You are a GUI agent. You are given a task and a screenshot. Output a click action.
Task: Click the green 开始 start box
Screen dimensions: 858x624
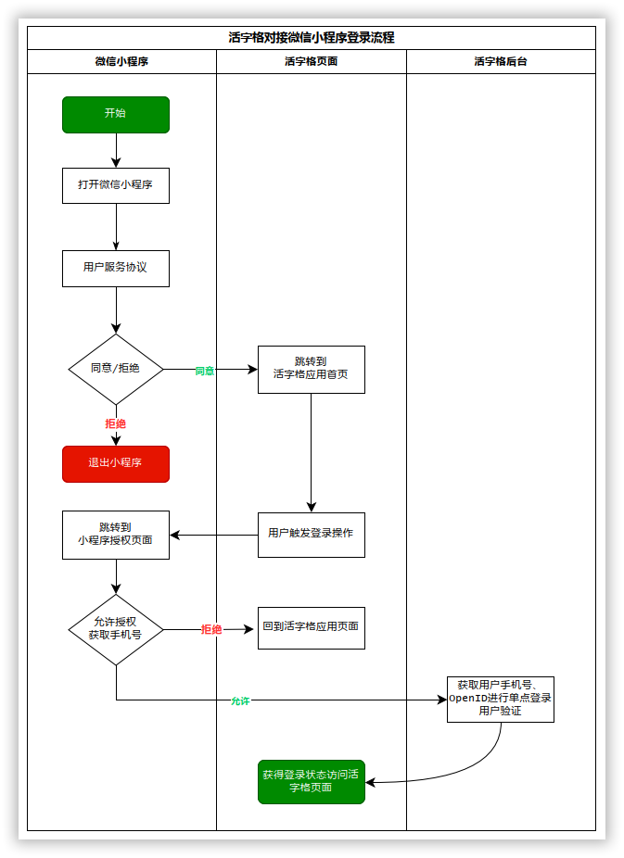pyautogui.click(x=116, y=114)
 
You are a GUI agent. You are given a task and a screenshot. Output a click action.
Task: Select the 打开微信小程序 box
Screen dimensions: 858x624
pyautogui.click(x=116, y=185)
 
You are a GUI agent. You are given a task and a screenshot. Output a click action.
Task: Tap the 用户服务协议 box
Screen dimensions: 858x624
pyautogui.click(x=116, y=268)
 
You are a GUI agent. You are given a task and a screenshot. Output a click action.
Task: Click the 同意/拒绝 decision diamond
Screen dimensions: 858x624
pyautogui.click(x=116, y=369)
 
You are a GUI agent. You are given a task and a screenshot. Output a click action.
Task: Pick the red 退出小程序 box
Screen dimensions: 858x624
pyautogui.click(x=116, y=463)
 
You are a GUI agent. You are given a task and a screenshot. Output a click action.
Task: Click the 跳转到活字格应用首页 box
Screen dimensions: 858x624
pyautogui.click(x=311, y=369)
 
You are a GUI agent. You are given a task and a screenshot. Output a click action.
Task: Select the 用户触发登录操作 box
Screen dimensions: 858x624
pyautogui.click(x=311, y=534)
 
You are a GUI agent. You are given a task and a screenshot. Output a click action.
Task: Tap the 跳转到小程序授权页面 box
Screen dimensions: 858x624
pyautogui.click(x=116, y=534)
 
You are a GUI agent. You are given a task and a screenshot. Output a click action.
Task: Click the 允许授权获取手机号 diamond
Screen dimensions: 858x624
pyautogui.click(x=116, y=629)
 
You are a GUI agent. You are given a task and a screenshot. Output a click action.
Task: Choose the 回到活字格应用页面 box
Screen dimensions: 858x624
pyautogui.click(x=311, y=627)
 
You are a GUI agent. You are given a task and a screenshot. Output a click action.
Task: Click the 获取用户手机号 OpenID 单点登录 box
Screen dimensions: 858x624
pyautogui.click(x=500, y=699)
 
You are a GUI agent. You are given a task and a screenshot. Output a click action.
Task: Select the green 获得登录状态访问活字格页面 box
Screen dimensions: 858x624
pyautogui.click(x=311, y=781)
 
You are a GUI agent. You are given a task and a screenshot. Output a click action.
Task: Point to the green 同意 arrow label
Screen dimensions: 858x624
pyautogui.click(x=205, y=371)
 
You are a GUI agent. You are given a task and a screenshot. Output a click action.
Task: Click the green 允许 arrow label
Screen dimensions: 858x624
pyautogui.click(x=240, y=701)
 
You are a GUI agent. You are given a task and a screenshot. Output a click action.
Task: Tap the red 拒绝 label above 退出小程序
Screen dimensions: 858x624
pyautogui.click(x=116, y=423)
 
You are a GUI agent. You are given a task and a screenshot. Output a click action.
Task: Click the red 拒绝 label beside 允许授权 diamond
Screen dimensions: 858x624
pyautogui.click(x=211, y=630)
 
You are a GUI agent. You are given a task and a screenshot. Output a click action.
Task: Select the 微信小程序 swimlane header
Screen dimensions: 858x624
pyautogui.click(x=121, y=62)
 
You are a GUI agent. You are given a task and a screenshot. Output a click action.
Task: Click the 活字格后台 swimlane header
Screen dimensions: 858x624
pyautogui.click(x=501, y=62)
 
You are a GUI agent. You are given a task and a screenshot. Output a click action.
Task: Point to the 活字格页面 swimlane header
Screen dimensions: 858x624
pyautogui.click(x=311, y=62)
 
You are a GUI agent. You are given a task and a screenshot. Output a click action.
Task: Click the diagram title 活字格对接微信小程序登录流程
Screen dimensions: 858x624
pyautogui.click(x=312, y=38)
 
